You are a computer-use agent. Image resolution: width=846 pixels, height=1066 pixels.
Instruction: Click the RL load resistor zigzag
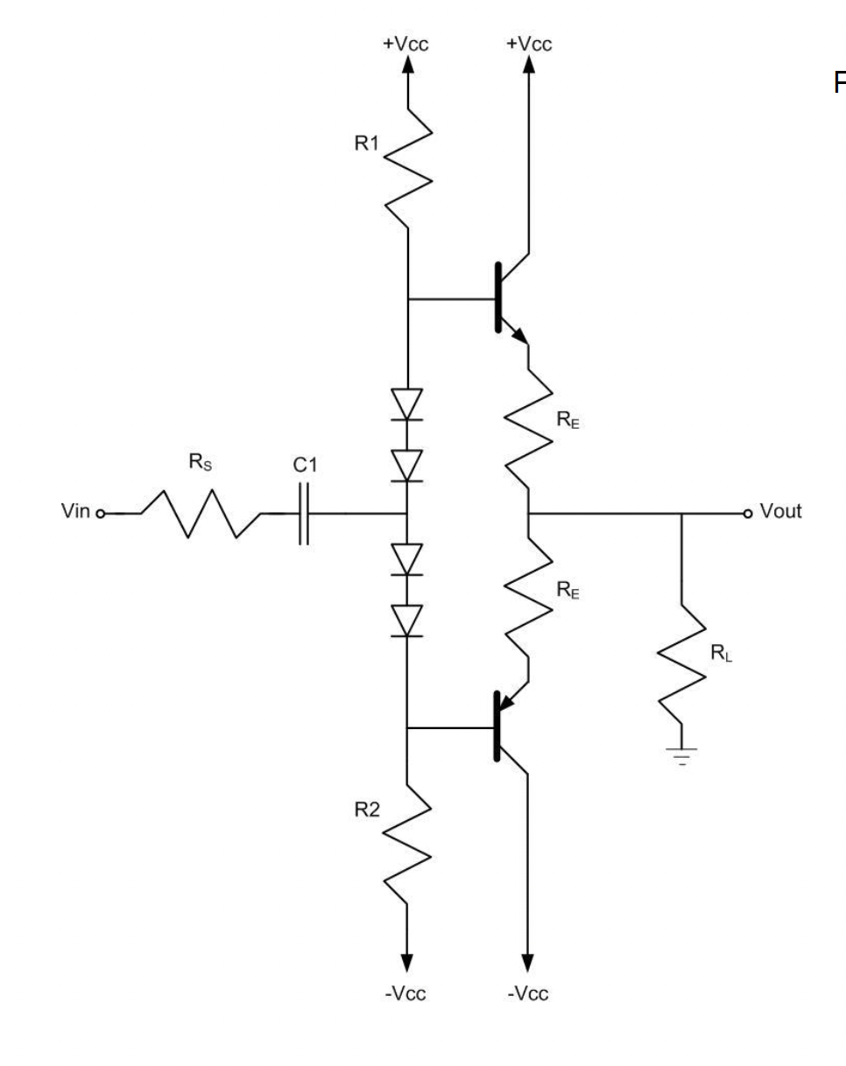(682, 656)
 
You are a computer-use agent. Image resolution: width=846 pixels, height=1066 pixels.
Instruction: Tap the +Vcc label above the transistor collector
(529, 45)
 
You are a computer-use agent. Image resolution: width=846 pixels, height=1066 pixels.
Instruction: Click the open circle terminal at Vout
(746, 513)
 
